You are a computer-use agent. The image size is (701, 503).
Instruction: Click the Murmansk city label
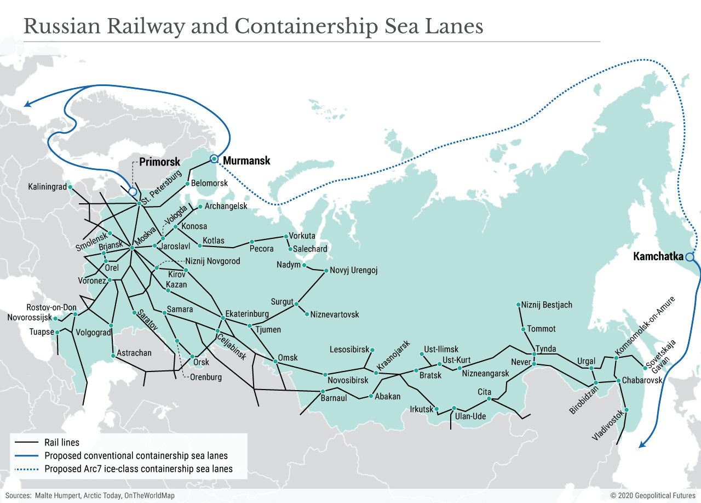tap(247, 161)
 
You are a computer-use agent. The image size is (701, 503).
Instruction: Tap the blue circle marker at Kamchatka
tap(689, 256)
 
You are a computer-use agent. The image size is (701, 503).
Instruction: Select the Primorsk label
tap(159, 162)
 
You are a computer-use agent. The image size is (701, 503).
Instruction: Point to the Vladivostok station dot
tap(626, 410)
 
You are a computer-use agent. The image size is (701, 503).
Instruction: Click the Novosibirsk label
tap(348, 380)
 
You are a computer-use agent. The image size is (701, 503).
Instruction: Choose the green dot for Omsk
tap(275, 361)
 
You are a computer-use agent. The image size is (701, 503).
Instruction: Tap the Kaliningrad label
tap(47, 187)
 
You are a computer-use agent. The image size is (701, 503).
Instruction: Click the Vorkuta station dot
tap(285, 236)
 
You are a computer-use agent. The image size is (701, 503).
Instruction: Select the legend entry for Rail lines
tap(62, 442)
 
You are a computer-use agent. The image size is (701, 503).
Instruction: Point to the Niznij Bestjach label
tap(547, 304)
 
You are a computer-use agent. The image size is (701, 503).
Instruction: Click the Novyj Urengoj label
tap(354, 271)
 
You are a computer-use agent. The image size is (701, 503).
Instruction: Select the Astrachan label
tap(134, 353)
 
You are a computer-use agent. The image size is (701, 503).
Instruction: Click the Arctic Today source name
tap(102, 495)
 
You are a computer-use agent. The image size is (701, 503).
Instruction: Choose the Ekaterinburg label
tap(248, 314)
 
